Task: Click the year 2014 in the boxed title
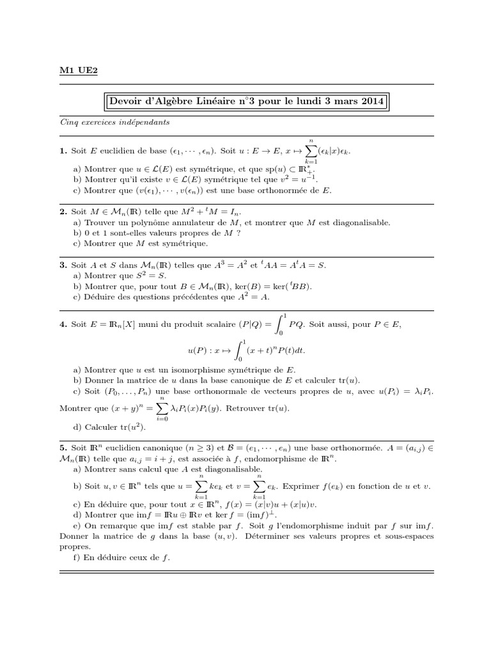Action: coord(368,101)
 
